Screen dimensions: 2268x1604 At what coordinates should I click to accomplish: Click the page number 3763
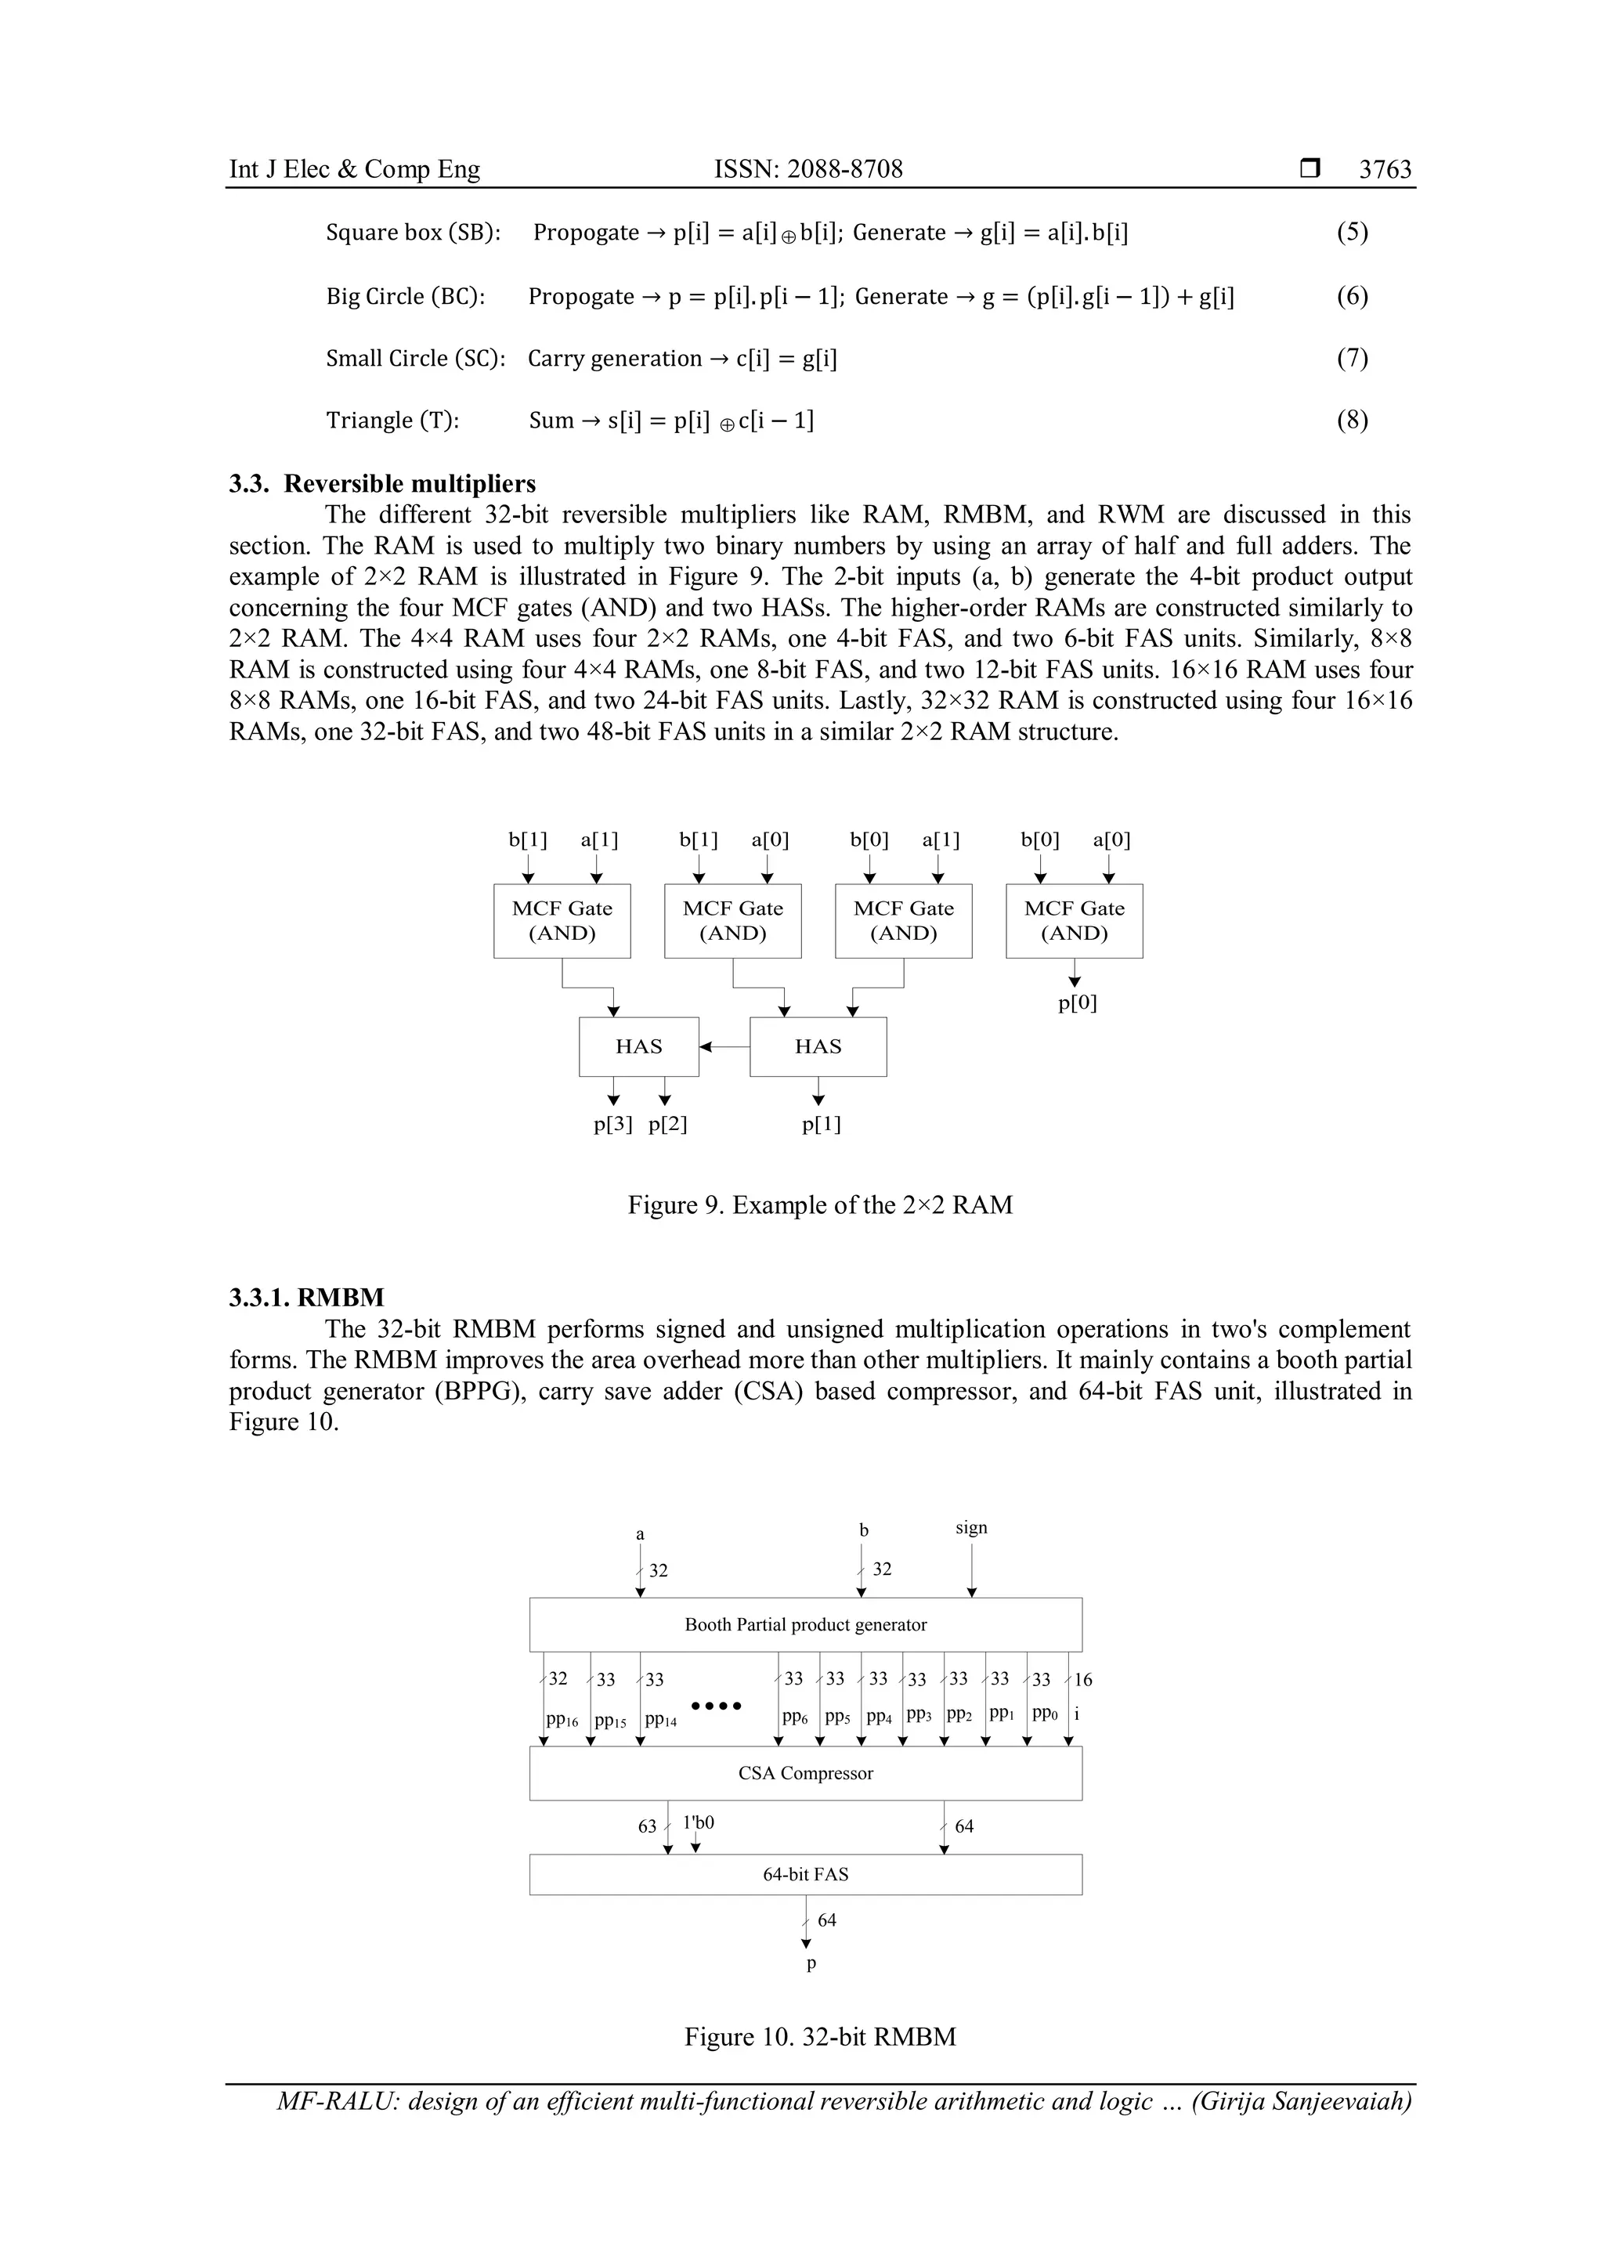click(1385, 169)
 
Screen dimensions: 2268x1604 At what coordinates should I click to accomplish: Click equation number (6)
click(1352, 296)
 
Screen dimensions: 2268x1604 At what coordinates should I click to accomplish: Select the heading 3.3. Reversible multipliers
click(382, 484)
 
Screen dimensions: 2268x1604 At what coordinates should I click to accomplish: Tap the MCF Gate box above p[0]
click(1074, 921)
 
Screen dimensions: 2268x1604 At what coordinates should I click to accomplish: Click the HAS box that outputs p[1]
click(818, 1046)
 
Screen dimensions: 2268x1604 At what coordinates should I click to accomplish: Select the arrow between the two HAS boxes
click(724, 1046)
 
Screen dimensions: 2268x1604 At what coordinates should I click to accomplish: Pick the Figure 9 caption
click(820, 1205)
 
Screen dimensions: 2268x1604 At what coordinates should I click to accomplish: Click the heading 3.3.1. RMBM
click(307, 1297)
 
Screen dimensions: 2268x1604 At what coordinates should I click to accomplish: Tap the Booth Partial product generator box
click(805, 1624)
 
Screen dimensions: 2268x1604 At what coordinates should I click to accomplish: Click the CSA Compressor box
click(805, 1773)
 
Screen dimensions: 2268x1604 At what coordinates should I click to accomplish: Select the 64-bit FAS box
click(805, 1874)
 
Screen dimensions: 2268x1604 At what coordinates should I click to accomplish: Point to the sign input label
click(971, 1528)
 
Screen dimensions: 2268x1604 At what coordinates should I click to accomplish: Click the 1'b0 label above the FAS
click(699, 1822)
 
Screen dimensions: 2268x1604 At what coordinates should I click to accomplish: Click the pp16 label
click(562, 1719)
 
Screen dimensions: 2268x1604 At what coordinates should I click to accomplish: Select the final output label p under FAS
click(811, 1964)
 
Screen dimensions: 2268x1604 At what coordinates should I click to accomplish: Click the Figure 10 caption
click(820, 2037)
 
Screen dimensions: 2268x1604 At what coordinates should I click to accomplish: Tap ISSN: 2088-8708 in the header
click(808, 169)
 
